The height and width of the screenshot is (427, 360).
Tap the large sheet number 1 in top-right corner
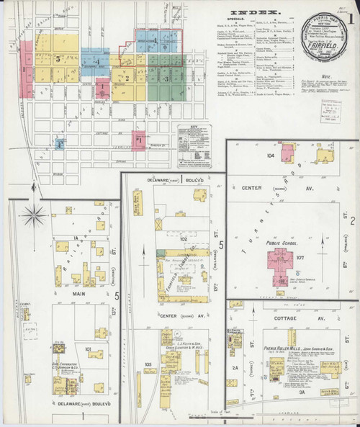point(349,16)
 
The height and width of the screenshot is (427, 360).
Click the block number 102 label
point(163,237)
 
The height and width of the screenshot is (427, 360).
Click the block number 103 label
point(148,365)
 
